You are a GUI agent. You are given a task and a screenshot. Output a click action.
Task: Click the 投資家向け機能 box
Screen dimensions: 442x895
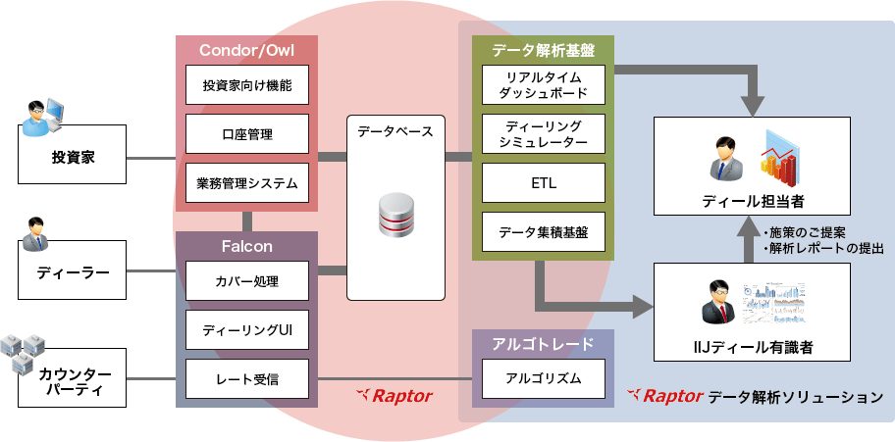pos(247,85)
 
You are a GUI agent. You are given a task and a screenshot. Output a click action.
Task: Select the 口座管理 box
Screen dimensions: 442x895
pos(247,134)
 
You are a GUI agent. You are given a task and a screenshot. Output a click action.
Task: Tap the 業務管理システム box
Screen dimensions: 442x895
pos(247,183)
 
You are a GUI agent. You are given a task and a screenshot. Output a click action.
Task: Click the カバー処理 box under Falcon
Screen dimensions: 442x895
pos(247,281)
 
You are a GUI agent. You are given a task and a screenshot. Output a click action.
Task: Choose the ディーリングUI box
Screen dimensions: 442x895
pos(247,329)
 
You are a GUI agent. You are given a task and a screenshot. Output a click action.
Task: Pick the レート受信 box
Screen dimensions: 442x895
pos(247,378)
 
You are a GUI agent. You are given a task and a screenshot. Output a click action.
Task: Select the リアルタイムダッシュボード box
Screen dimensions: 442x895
pos(543,85)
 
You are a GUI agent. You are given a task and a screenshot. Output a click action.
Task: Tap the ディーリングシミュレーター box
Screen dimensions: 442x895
pos(543,134)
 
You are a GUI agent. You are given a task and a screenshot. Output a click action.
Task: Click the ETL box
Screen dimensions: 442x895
pos(543,183)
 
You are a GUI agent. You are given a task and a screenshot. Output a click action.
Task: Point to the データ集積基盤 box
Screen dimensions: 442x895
pos(543,232)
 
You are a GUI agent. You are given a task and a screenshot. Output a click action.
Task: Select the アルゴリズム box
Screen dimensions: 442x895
pos(543,378)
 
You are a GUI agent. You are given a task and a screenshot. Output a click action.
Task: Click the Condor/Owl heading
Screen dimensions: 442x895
pos(246,50)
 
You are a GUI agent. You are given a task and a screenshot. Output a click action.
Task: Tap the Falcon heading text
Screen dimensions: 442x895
pos(246,246)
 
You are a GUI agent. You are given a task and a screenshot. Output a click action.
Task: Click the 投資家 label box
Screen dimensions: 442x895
pos(73,156)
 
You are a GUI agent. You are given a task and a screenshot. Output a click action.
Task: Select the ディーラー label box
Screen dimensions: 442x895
pos(73,271)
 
